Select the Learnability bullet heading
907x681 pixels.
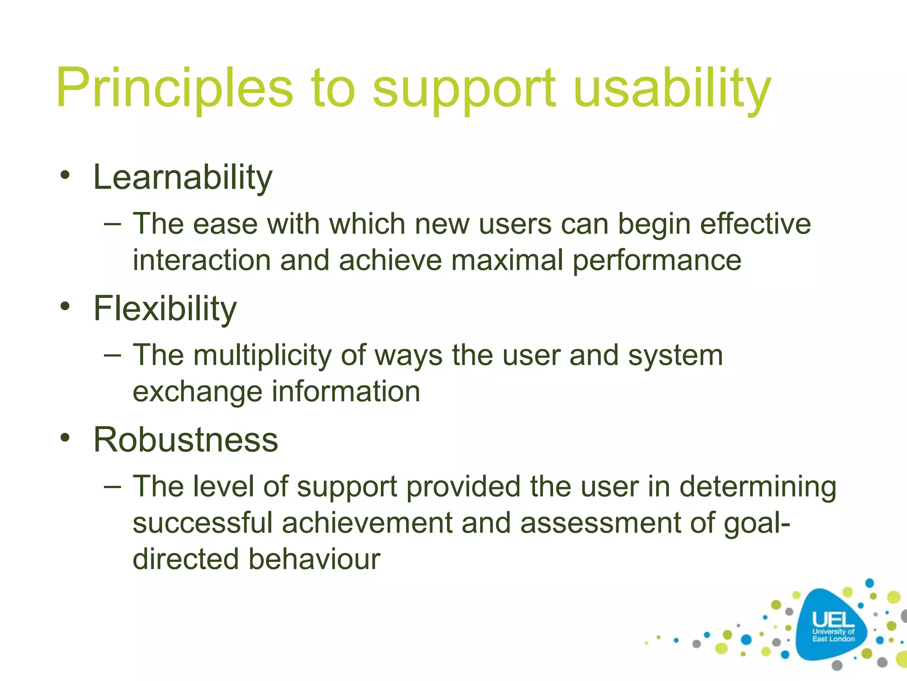182,178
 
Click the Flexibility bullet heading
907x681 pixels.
165,309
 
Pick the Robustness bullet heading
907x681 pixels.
186,440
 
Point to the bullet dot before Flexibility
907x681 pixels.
66,306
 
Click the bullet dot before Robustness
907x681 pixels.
66,437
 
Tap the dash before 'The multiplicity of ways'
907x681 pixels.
112,355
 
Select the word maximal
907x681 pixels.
507,260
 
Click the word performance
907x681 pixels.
657,261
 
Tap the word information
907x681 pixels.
346,392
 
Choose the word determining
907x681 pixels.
758,487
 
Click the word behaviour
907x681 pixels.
314,560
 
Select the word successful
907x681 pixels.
202,523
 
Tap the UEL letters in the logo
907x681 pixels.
833,619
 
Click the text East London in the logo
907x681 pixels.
833,639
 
